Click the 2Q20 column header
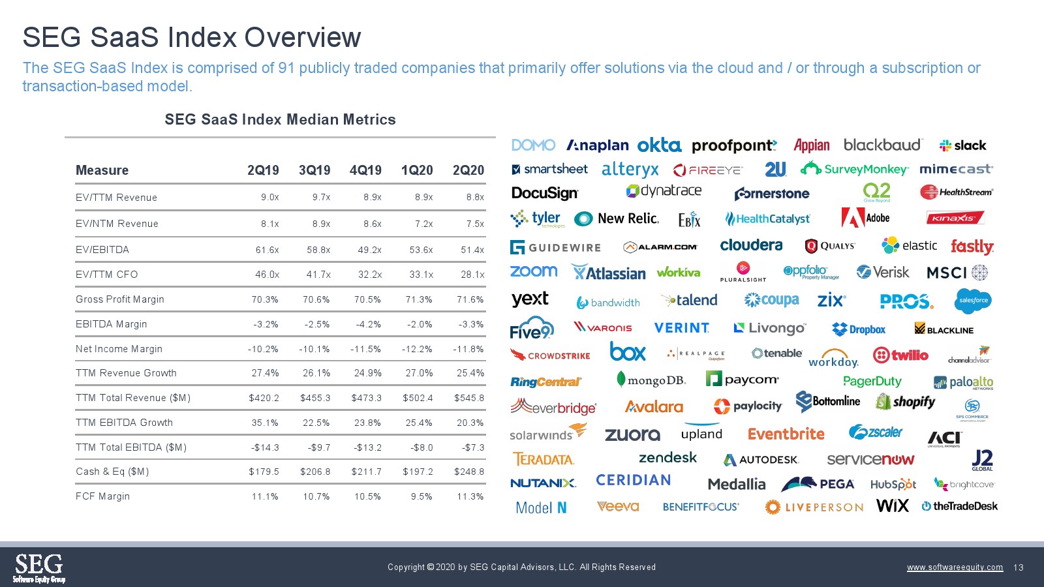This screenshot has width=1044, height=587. (x=468, y=170)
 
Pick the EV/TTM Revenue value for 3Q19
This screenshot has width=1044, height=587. (x=321, y=198)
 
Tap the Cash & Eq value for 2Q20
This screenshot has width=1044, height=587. (x=469, y=472)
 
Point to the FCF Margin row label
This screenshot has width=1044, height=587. (x=102, y=496)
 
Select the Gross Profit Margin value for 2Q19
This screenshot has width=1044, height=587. (x=265, y=299)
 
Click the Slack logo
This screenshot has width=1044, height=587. (x=962, y=145)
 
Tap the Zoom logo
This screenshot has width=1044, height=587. (x=533, y=271)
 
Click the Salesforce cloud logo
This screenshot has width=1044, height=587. (x=972, y=301)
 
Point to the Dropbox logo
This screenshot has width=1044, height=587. (x=859, y=329)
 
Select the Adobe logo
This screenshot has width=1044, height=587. (x=865, y=218)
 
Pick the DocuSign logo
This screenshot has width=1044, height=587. (x=544, y=193)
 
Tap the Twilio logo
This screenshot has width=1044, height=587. (x=900, y=355)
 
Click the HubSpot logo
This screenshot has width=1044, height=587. (x=893, y=484)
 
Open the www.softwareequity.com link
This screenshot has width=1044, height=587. (x=955, y=567)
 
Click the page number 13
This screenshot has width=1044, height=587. (x=1019, y=567)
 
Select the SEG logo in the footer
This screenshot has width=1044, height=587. (x=39, y=567)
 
